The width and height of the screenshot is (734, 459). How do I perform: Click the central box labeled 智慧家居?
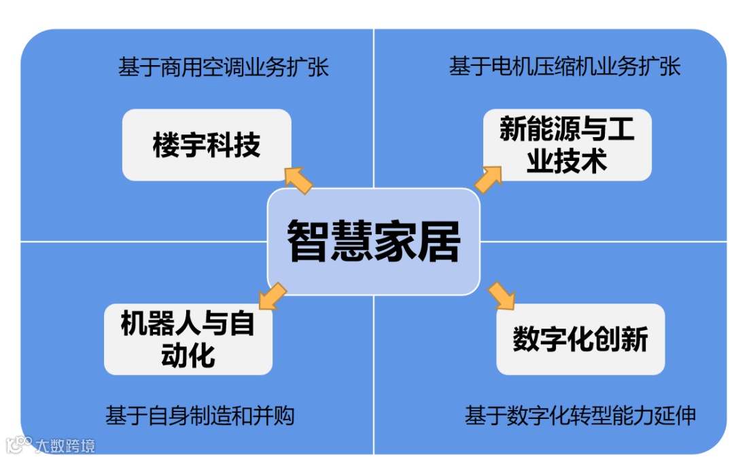coord(374,242)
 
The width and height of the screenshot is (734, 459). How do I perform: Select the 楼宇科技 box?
coord(207,145)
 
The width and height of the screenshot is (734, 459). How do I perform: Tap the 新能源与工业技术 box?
coord(567,145)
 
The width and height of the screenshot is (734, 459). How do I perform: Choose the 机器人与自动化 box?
coord(188,339)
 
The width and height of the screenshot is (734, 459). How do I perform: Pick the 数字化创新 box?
coord(580,339)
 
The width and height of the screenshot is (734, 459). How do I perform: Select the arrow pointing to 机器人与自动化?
coord(273,297)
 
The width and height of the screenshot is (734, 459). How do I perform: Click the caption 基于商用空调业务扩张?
coord(224,68)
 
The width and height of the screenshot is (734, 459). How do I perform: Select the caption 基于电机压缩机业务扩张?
coord(564,67)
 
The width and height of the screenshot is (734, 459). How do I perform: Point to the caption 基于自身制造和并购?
coord(200,416)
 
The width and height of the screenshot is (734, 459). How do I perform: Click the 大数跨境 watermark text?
coord(65,446)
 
